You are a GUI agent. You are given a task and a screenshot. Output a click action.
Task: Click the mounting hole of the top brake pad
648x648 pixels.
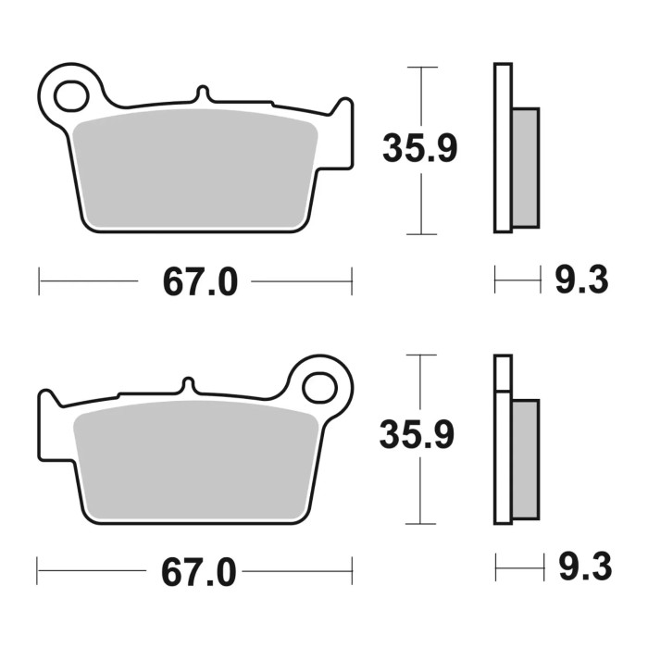click(69, 94)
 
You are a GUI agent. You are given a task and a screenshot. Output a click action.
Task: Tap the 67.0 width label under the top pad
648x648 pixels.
click(200, 281)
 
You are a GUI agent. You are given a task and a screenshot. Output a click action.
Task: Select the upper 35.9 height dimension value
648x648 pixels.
click(419, 150)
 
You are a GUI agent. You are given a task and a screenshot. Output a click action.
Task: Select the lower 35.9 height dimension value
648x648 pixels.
click(417, 435)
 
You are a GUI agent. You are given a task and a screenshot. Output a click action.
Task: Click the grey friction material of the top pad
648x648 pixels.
click(194, 167)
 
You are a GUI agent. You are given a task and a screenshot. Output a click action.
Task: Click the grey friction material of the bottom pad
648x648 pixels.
click(194, 458)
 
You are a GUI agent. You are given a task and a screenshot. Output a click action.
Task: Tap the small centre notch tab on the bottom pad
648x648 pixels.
click(188, 385)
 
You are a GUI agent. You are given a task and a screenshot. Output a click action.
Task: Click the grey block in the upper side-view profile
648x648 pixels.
click(525, 167)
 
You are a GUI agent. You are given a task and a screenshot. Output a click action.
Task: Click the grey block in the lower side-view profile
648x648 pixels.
click(525, 458)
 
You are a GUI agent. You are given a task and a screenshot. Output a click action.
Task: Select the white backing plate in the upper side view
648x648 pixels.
click(503, 148)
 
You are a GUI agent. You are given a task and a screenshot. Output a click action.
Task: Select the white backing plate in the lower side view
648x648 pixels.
click(503, 444)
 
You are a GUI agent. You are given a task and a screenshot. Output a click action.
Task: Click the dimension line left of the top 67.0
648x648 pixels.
click(88, 280)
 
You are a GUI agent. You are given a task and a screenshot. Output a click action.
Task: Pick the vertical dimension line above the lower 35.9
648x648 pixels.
click(421, 384)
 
